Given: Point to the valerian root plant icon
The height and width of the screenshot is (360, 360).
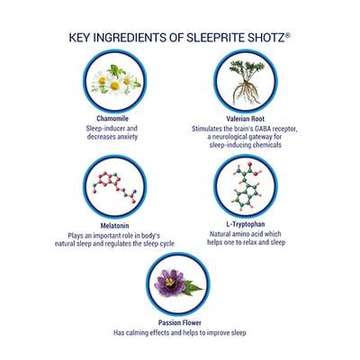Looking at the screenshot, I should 241,82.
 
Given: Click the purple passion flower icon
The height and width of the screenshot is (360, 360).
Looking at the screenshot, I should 179,283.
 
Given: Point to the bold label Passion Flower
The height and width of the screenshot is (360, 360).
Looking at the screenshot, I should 179,321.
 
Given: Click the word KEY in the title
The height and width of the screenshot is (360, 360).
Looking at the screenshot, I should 82,38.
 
